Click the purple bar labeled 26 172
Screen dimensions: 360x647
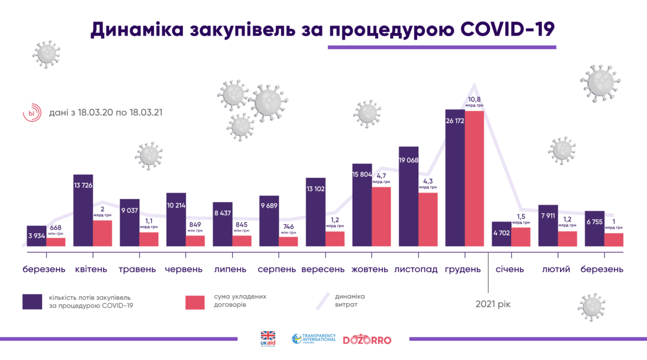(455, 178)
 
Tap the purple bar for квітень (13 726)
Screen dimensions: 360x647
(83, 210)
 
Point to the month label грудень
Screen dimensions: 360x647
(463, 269)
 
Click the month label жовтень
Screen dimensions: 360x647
(370, 269)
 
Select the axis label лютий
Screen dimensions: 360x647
(556, 269)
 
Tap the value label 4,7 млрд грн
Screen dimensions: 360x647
(381, 177)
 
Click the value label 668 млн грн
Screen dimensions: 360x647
(56, 229)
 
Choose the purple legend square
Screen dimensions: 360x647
(32, 302)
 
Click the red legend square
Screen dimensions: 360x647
(195, 302)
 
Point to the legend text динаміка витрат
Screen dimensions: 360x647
(349, 300)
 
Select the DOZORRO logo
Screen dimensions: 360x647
(367, 340)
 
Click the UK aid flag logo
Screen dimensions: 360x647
(268, 338)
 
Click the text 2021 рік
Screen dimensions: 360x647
(493, 304)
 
